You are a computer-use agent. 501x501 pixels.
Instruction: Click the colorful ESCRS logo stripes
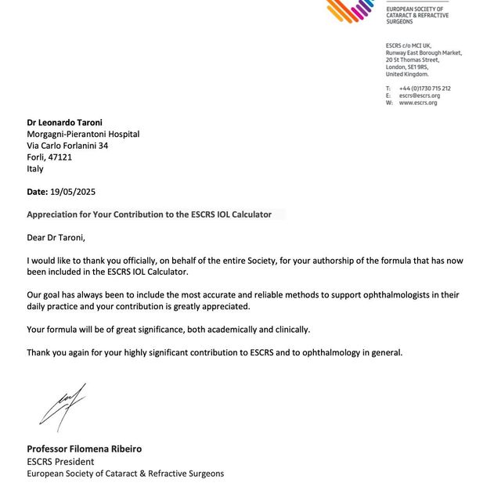351,10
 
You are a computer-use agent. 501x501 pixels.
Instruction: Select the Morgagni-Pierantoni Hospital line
83,134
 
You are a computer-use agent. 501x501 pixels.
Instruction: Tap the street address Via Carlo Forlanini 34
67,146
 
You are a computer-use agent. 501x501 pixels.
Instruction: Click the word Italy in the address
35,169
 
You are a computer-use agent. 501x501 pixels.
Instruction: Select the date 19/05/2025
73,192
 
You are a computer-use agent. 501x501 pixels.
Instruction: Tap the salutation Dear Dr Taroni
56,238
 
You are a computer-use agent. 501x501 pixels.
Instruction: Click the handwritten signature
63,406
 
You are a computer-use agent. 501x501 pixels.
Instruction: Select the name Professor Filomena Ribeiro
85,449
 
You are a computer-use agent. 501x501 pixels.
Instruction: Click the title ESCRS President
61,462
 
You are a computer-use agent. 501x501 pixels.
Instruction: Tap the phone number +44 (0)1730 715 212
424,88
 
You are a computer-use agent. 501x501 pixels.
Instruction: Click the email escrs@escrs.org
419,96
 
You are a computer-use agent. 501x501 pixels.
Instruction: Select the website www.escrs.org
418,103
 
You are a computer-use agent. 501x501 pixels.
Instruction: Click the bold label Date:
38,192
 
